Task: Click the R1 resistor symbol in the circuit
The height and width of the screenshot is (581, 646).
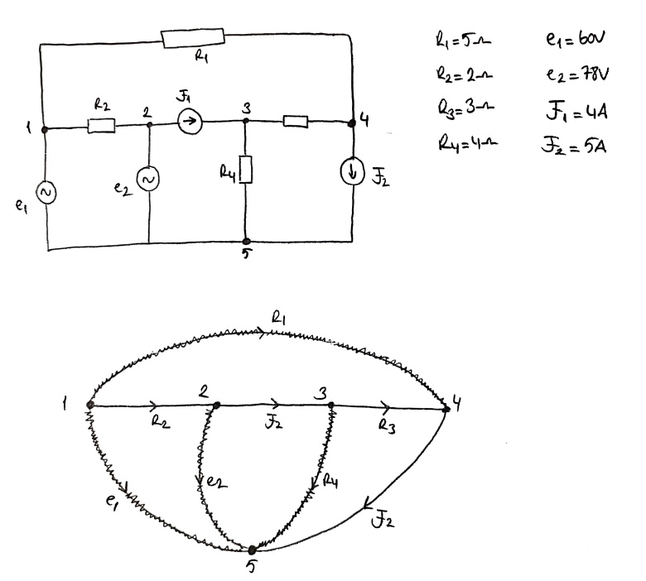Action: point(192,37)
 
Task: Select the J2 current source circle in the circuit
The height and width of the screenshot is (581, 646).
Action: point(354,172)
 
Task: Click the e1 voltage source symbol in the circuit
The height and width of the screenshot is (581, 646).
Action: point(46,192)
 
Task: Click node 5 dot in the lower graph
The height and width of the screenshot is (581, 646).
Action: point(252,549)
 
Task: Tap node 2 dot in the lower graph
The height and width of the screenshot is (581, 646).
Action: point(215,405)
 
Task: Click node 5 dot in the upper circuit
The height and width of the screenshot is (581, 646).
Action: point(246,241)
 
